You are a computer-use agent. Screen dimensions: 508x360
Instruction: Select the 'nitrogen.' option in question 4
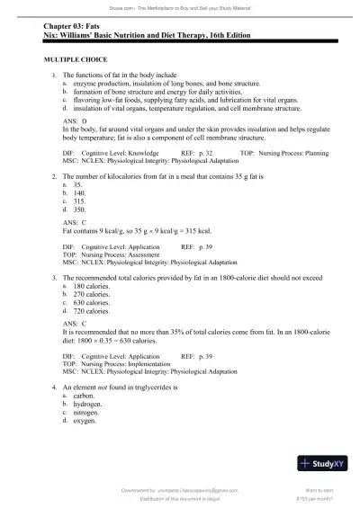(x=88, y=411)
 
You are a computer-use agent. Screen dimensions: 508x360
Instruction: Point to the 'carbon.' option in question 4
(x=85, y=395)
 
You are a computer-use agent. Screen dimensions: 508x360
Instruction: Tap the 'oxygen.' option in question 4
(x=87, y=419)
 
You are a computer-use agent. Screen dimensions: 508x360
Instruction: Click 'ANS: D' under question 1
(x=76, y=120)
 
